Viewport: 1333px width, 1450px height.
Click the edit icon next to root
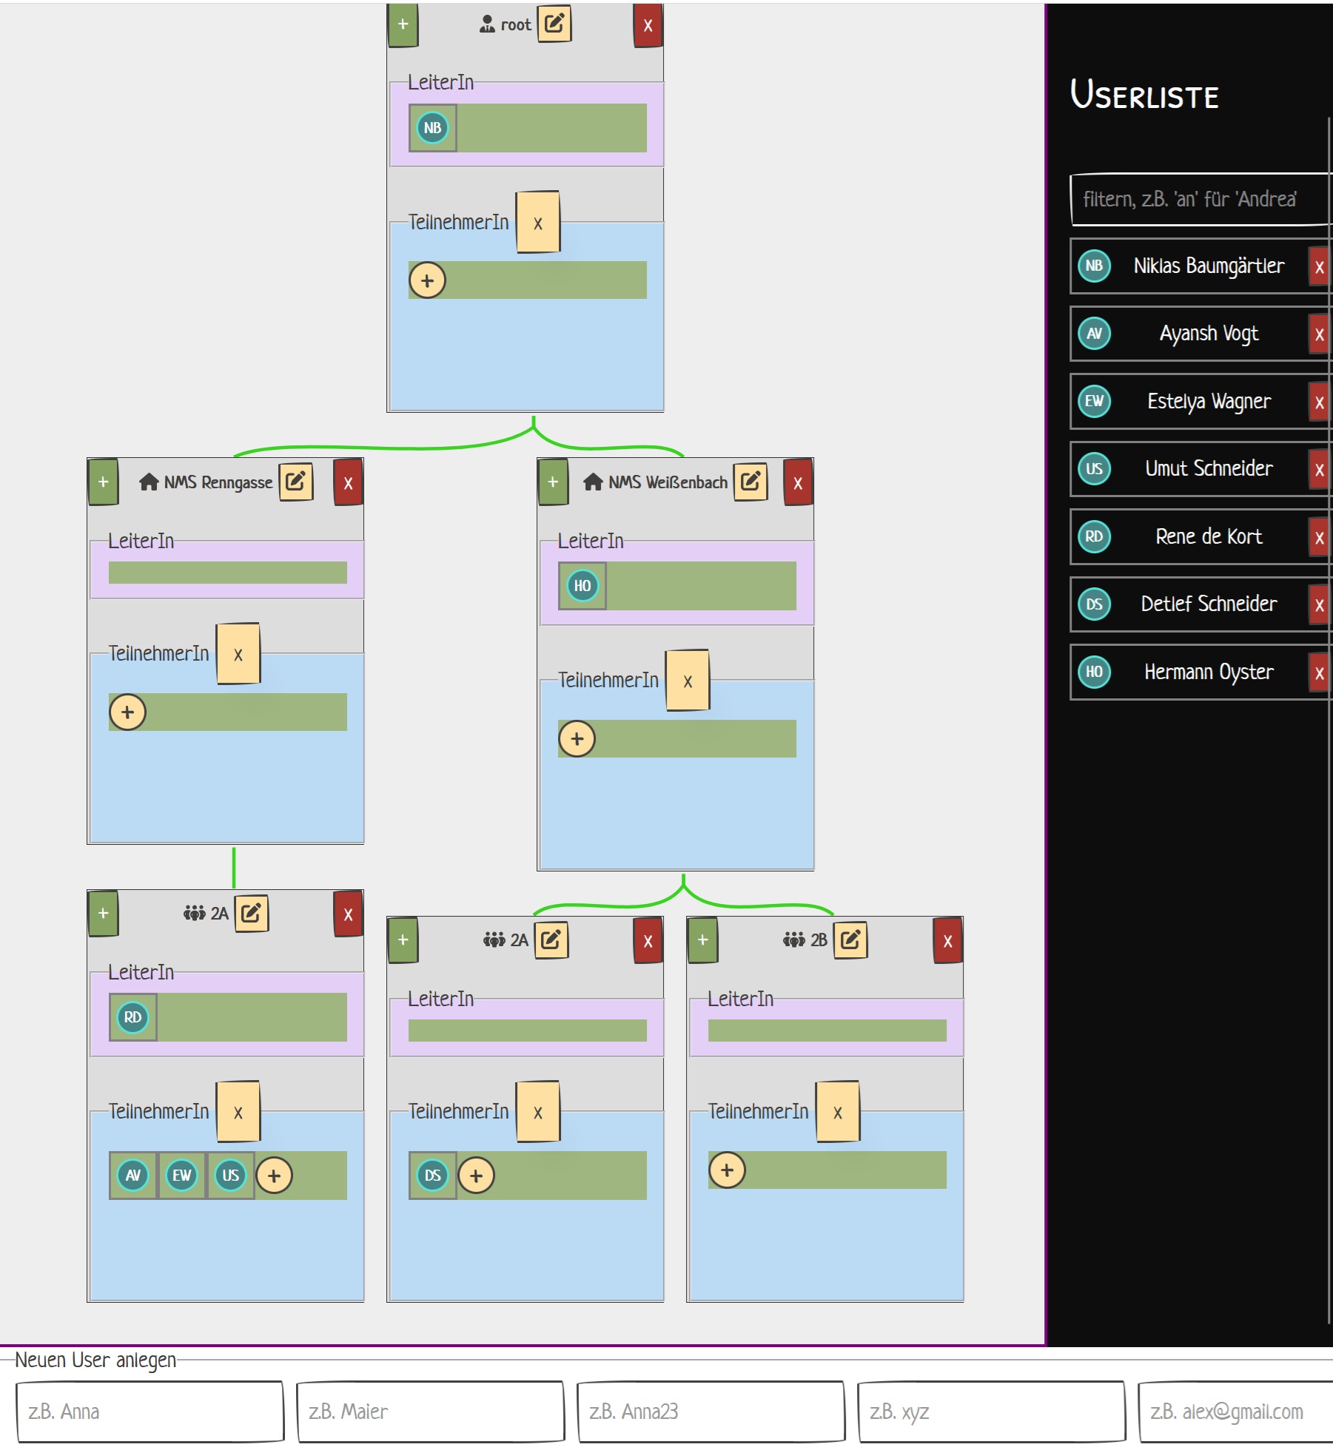[x=554, y=24]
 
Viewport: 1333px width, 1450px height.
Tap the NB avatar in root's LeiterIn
[x=432, y=128]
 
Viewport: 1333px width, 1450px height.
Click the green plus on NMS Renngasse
[x=103, y=482]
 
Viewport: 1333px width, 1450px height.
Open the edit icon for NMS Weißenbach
[x=750, y=482]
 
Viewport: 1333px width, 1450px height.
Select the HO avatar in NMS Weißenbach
[x=582, y=586]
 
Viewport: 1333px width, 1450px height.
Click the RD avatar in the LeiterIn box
[x=132, y=1017]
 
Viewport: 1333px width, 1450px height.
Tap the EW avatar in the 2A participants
[x=181, y=1175]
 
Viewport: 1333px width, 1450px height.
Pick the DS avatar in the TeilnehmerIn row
[x=432, y=1175]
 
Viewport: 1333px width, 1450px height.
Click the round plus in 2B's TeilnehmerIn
[x=727, y=1170]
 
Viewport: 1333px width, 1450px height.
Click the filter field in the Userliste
[x=1199, y=199]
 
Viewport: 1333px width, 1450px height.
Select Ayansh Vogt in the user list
[x=1208, y=334]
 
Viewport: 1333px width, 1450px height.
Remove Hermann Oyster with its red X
[x=1318, y=672]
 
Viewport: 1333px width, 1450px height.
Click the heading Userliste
[x=1144, y=95]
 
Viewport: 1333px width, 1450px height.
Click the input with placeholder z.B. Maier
[x=429, y=1412]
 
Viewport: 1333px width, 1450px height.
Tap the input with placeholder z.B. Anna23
[x=710, y=1412]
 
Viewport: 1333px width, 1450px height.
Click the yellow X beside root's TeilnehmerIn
[x=538, y=223]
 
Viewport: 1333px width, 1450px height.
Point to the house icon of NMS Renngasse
[x=149, y=482]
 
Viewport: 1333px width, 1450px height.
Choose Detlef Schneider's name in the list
[x=1208, y=604]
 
